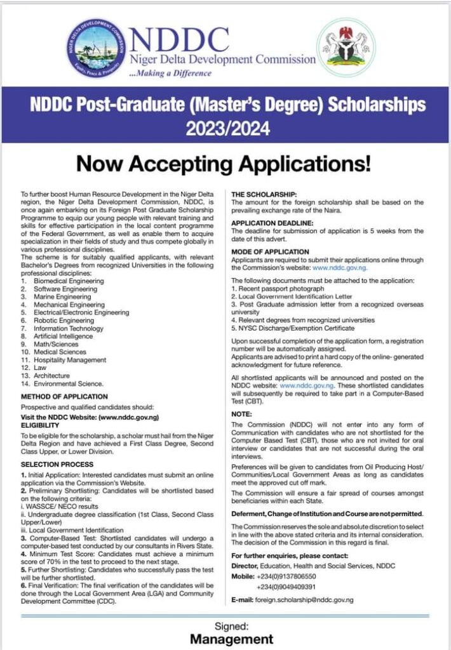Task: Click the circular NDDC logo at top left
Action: (x=96, y=46)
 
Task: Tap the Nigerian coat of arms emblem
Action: (x=346, y=46)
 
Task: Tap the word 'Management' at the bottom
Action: (x=231, y=639)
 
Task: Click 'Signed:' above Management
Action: (x=231, y=626)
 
